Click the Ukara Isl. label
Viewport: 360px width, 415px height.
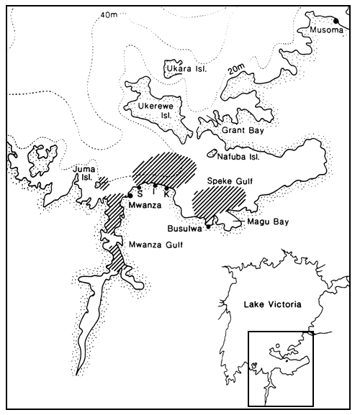tap(184, 70)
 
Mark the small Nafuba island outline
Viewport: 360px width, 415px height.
tap(212, 153)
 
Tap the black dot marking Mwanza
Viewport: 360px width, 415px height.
tap(130, 195)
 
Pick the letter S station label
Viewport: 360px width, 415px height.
tap(140, 194)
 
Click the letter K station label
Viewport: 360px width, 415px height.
tap(167, 194)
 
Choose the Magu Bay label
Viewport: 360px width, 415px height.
tap(267, 222)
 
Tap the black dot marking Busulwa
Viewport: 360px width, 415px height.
tap(208, 227)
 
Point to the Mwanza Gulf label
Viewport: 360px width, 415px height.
tap(156, 245)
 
